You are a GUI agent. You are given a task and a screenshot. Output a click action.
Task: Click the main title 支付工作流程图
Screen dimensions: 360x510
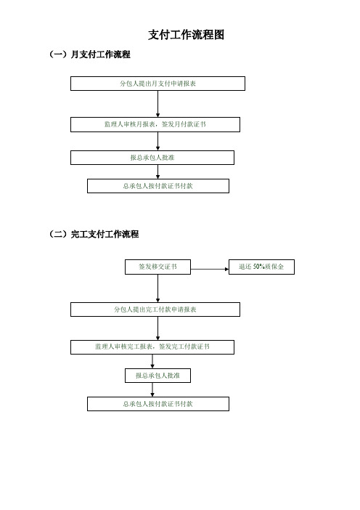[187, 35]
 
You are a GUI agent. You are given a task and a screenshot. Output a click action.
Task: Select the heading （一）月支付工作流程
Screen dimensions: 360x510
[90, 54]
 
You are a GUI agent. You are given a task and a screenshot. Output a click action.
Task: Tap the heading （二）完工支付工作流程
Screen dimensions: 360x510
[94, 234]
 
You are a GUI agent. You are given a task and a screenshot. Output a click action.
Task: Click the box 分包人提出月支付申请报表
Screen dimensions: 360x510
[158, 84]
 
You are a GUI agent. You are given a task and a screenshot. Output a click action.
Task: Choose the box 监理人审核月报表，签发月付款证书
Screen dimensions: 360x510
[155, 124]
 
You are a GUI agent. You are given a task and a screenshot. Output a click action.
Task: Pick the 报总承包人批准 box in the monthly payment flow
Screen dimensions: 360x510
[152, 158]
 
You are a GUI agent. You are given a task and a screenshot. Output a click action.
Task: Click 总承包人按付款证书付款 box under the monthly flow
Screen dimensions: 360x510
[158, 186]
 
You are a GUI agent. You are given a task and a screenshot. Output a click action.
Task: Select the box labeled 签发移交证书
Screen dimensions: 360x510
[158, 267]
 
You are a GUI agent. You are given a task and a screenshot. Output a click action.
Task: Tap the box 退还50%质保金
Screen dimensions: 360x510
[261, 267]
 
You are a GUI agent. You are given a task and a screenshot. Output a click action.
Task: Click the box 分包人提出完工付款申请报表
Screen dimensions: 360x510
[155, 309]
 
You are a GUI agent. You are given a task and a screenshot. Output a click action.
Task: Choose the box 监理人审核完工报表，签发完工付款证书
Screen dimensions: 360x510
[152, 347]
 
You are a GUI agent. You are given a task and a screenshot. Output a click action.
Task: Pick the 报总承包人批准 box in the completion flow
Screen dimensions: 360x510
[158, 376]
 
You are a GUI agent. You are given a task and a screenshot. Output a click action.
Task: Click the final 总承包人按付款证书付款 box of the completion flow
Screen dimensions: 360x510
[158, 404]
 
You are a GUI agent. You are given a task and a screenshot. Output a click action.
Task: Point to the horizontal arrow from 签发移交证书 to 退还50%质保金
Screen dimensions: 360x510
[210, 270]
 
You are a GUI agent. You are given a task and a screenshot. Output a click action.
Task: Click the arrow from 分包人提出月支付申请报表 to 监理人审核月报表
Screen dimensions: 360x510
[158, 104]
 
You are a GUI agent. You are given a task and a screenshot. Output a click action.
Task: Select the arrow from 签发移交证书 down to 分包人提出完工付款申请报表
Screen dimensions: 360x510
[158, 288]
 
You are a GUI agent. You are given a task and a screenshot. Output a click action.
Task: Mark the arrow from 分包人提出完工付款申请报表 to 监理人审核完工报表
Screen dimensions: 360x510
[158, 328]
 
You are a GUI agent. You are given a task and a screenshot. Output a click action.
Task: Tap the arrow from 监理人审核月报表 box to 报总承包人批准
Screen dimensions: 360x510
[158, 141]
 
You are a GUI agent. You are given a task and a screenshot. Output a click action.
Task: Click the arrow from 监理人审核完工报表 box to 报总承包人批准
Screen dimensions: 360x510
[152, 361]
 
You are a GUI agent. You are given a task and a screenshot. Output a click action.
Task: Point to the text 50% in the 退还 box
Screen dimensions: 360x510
[259, 267]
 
